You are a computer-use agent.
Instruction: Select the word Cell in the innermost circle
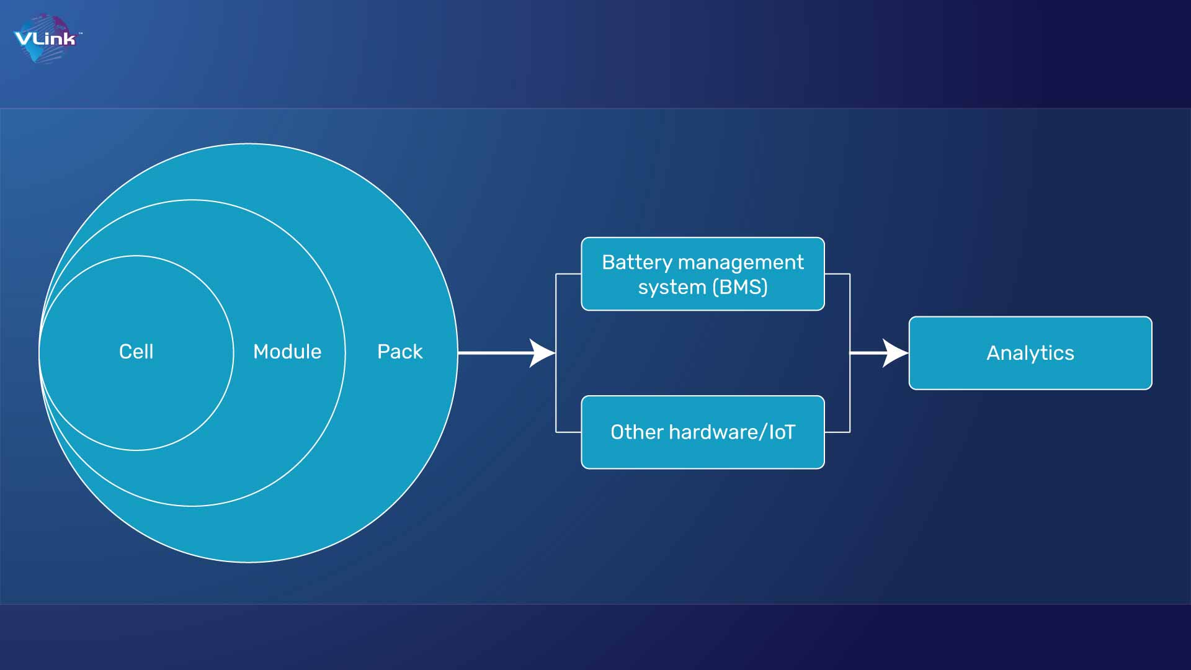point(136,352)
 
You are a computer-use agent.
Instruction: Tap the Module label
point(287,352)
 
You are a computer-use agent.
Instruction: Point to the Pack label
point(399,352)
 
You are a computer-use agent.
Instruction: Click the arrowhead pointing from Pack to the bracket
point(542,353)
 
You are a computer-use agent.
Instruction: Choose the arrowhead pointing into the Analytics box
point(895,353)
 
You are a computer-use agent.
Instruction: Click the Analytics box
point(1030,353)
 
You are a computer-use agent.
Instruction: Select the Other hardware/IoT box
point(703,432)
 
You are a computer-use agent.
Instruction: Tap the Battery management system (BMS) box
point(703,274)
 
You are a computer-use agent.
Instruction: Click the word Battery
point(637,263)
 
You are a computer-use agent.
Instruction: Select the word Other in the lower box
point(637,432)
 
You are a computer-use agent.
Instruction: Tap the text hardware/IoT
point(732,432)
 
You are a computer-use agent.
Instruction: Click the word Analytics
point(1030,353)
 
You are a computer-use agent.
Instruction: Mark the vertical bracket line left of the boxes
point(556,353)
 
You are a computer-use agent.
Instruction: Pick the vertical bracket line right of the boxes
point(850,353)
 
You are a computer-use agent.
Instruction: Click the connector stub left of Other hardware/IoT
point(568,432)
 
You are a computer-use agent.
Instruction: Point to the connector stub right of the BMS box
point(837,274)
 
